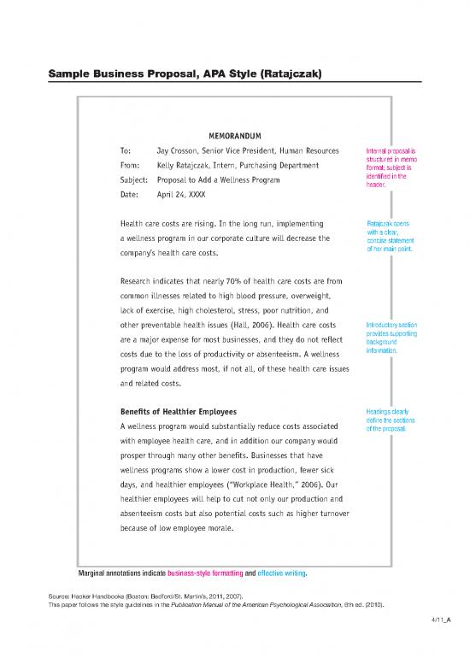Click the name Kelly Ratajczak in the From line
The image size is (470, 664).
191,166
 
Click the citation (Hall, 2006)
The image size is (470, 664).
251,324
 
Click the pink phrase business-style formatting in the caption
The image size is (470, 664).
205,573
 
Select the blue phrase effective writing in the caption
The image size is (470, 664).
282,573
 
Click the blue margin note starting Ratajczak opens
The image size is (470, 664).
389,237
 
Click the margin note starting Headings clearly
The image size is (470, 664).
390,419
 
